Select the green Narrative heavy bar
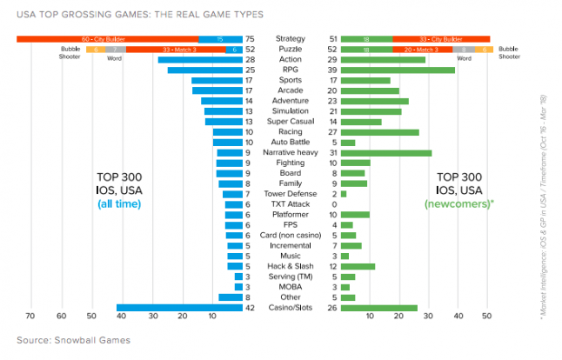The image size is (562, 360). pyautogui.click(x=386, y=153)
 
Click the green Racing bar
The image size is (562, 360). pyautogui.click(x=380, y=132)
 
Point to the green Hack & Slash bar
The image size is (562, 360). pyautogui.click(x=358, y=266)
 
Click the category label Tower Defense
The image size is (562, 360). pyautogui.click(x=290, y=194)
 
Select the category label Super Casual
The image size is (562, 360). pyautogui.click(x=290, y=122)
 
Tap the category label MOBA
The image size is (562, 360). pyautogui.click(x=290, y=286)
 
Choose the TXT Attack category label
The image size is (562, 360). pyautogui.click(x=290, y=204)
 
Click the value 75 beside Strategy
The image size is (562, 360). pyautogui.click(x=251, y=39)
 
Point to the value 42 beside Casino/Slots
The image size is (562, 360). pyautogui.click(x=251, y=308)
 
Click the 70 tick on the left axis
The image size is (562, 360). pyautogui.click(x=30, y=317)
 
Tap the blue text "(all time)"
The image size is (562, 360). pyautogui.click(x=119, y=203)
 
